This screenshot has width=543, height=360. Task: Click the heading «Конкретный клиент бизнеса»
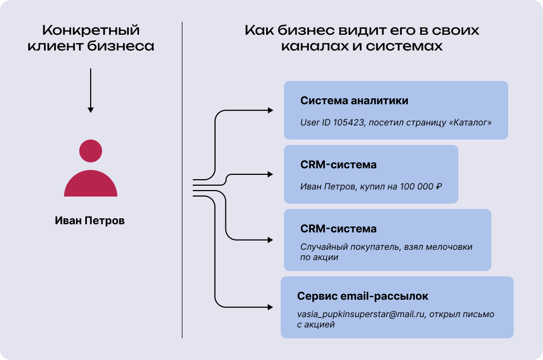[x=91, y=38]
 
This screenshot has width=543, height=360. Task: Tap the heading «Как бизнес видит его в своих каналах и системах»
[x=362, y=38]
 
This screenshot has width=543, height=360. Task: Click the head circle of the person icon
[x=91, y=150]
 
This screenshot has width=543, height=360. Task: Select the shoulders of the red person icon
[x=91, y=185]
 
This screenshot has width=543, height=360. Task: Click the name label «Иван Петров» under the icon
[x=90, y=221]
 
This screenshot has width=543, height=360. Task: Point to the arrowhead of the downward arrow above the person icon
[x=91, y=110]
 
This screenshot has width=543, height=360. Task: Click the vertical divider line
[x=182, y=179]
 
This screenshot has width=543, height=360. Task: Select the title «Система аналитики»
[x=354, y=101]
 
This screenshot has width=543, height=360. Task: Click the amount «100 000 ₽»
[x=420, y=187]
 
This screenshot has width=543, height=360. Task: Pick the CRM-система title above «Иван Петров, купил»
[x=338, y=165]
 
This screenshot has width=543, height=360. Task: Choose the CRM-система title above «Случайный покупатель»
[x=338, y=229]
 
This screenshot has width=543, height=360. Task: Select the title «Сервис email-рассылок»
[x=363, y=296]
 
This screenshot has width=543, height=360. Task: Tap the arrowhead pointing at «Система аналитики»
[x=270, y=110]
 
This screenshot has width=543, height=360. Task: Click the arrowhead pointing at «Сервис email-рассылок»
[x=270, y=307]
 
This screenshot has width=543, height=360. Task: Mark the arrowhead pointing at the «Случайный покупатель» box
[x=270, y=240]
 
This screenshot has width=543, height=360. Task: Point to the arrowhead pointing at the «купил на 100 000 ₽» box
[x=270, y=175]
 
